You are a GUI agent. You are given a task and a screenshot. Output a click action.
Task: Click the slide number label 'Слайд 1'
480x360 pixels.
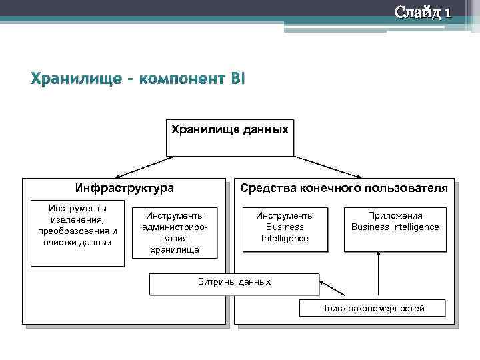click(423, 12)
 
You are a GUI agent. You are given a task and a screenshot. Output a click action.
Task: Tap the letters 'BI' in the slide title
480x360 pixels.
click(237, 79)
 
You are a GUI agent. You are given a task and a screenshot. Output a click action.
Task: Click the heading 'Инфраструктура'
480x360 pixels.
click(124, 189)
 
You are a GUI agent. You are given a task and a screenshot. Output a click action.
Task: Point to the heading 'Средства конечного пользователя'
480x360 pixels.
click(344, 189)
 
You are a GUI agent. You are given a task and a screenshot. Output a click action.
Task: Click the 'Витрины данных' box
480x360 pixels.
click(234, 283)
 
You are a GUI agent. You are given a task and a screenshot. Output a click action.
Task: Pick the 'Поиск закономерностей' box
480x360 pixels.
click(371, 308)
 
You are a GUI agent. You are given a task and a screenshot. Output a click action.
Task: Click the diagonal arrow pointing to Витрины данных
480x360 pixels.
click(333, 289)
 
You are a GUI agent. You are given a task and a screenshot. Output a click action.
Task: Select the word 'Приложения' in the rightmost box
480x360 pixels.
click(395, 215)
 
